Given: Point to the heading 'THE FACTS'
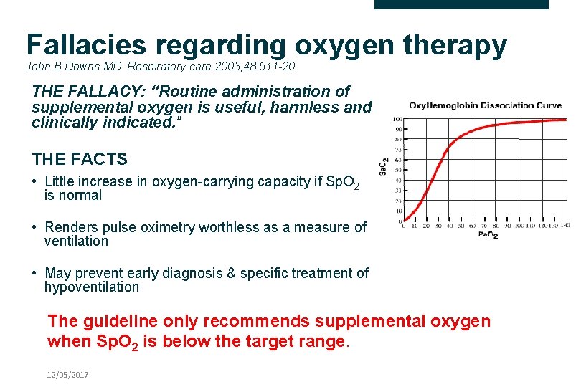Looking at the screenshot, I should pyautogui.click(x=80, y=159).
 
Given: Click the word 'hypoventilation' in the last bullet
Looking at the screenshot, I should pyautogui.click(x=92, y=287).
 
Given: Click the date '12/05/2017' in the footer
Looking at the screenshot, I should pyautogui.click(x=68, y=375).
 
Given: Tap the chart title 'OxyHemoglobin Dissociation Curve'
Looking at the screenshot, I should pyautogui.click(x=486, y=105).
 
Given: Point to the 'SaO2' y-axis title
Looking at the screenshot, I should pyautogui.click(x=384, y=166).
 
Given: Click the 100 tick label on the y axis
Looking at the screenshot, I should pyautogui.click(x=396, y=119).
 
